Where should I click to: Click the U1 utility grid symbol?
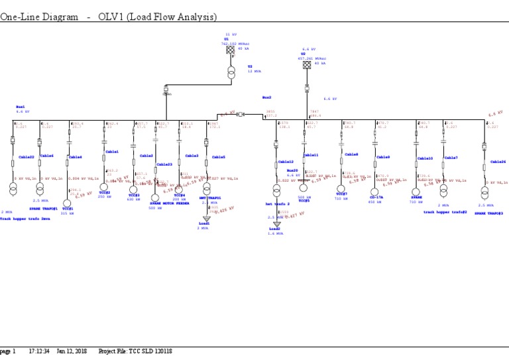pyautogui.click(x=230, y=50)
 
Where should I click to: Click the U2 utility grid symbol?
pyautogui.click(x=307, y=64)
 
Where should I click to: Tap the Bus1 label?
pyautogui.click(x=21, y=106)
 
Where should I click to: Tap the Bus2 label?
pyautogui.click(x=266, y=97)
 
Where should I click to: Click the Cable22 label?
pyautogui.click(x=27, y=156)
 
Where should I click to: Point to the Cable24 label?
pyautogui.click(x=498, y=161)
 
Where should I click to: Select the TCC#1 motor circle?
pyautogui.click(x=67, y=204)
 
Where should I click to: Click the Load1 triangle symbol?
pyautogui.click(x=206, y=219)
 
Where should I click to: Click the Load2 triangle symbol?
pyautogui.click(x=276, y=224)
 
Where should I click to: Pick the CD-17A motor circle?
pyautogui.click(x=375, y=192)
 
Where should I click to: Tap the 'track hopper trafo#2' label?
pyautogui.click(x=445, y=212)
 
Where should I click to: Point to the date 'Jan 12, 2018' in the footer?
pyautogui.click(x=72, y=351)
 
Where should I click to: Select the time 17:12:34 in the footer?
pyautogui.click(x=39, y=351)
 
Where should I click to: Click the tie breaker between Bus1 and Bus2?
pyautogui.click(x=241, y=115)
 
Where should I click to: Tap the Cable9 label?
pyautogui.click(x=383, y=157)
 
